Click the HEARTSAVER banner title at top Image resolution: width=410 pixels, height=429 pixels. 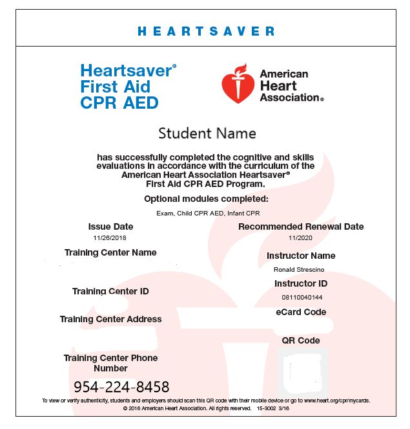tap(206, 31)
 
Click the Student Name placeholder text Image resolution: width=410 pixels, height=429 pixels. tap(207, 134)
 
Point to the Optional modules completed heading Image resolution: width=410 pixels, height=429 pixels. tap(206, 199)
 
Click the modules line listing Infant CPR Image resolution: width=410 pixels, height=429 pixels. tap(207, 213)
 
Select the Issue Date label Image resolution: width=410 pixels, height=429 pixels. tap(111, 226)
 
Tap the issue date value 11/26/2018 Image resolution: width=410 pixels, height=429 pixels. tap(111, 238)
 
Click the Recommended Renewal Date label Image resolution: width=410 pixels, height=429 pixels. tap(301, 226)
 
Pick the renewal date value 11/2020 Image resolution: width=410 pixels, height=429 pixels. tap(301, 238)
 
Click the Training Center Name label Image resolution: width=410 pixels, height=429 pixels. tap(110, 252)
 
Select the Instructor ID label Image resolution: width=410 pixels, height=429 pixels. tap(301, 283)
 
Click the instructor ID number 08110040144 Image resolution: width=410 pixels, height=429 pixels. tap(301, 297)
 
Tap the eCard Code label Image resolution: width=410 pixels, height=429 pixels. tap(301, 312)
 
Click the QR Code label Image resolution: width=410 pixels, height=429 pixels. tap(301, 340)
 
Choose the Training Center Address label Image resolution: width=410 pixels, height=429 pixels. tap(110, 319)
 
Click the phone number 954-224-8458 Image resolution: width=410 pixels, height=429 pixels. tap(121, 387)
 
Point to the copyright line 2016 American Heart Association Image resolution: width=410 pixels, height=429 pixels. tap(206, 409)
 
